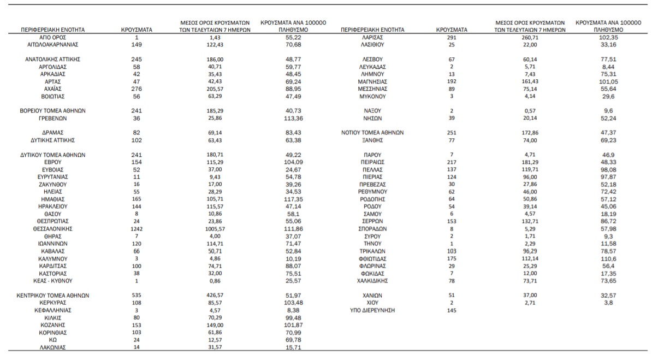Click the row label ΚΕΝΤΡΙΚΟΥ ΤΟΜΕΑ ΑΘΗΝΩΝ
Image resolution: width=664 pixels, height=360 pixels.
pyautogui.click(x=53, y=295)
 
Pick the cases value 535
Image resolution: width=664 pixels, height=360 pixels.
pyautogui.click(x=137, y=295)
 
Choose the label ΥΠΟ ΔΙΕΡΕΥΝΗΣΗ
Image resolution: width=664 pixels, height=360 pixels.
pyautogui.click(x=373, y=310)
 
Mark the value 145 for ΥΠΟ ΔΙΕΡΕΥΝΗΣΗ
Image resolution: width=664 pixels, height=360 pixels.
pyautogui.click(x=451, y=310)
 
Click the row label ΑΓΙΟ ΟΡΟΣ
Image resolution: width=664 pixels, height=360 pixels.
pyautogui.click(x=52, y=37)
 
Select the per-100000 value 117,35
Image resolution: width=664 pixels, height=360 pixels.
pyautogui.click(x=293, y=200)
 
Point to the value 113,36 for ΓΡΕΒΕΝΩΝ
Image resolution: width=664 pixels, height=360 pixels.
pyautogui.click(x=293, y=118)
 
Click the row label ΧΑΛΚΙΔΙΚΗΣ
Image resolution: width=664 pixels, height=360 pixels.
pyautogui.click(x=373, y=280)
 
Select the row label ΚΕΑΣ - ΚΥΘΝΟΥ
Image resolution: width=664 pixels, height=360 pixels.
pyautogui.click(x=52, y=281)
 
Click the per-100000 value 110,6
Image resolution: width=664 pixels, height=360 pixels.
pyautogui.click(x=608, y=258)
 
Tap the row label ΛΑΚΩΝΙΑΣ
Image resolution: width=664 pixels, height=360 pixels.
pyautogui.click(x=52, y=347)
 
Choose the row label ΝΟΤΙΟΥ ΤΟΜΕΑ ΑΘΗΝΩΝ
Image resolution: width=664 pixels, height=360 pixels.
pyautogui.click(x=373, y=133)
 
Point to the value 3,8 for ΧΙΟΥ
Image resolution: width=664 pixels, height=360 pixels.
pyautogui.click(x=608, y=302)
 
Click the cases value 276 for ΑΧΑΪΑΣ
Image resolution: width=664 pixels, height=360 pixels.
pyautogui.click(x=137, y=88)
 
